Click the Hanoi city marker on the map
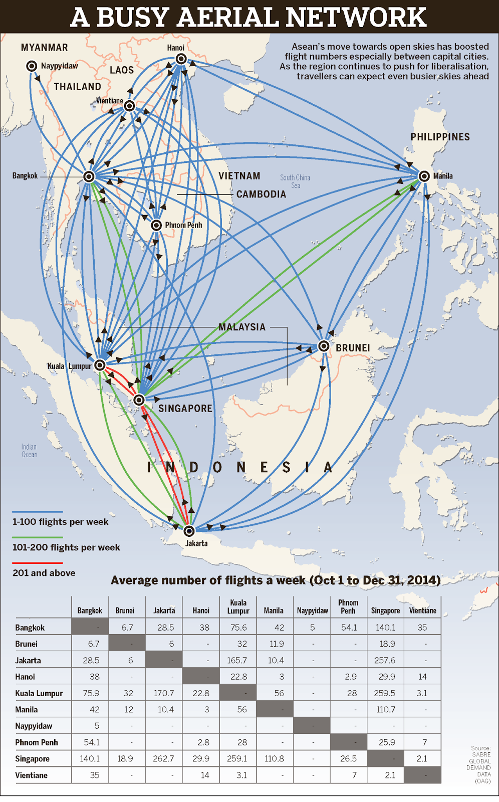tap(181, 59)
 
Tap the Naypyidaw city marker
tap(32, 66)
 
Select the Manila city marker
tap(424, 176)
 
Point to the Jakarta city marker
tap(189, 531)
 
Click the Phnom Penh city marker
tap(156, 226)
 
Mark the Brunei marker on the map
tap(324, 346)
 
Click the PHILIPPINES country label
tap(440, 137)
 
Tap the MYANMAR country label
tap(44, 48)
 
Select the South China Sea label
tap(295, 181)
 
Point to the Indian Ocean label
tap(29, 451)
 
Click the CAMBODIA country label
tap(261, 194)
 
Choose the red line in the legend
tap(38, 563)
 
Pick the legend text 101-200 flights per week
tap(66, 547)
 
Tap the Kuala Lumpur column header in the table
tap(238, 607)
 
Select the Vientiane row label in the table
tap(31, 775)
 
